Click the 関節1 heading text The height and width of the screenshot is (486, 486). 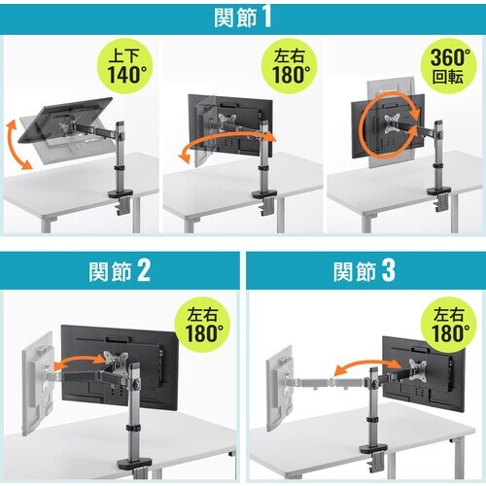(243, 17)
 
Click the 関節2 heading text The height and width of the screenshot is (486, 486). (120, 271)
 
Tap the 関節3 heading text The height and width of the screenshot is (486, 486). (364, 271)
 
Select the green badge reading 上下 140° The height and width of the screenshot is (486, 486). (124, 66)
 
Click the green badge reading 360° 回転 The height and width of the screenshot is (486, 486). (449, 66)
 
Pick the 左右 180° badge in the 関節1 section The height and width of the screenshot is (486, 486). (290, 66)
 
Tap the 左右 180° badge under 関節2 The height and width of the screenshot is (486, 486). (202, 325)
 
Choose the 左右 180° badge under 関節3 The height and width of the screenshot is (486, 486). (449, 325)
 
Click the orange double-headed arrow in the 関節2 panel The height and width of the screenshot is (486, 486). (80, 361)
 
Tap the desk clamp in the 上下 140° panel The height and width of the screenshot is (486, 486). (121, 201)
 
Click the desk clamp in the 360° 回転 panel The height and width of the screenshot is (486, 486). (440, 196)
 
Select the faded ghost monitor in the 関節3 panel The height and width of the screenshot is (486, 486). (279, 388)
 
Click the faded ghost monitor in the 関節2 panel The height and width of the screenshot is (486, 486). (37, 383)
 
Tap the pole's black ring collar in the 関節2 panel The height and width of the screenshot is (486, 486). (133, 428)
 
